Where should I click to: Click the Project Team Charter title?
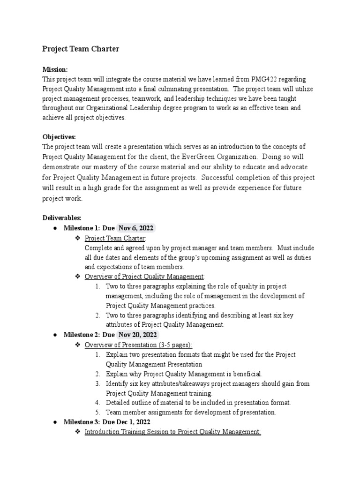click(81, 49)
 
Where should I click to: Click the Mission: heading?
click(55, 69)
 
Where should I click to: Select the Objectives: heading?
click(59, 137)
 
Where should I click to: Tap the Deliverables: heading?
click(62, 217)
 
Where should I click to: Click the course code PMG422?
click(277, 79)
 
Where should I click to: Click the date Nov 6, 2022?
click(136, 228)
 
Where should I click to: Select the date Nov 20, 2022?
click(138, 335)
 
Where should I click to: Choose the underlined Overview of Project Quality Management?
click(144, 277)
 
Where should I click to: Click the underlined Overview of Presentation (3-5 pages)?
click(138, 345)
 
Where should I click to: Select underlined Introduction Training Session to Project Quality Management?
click(172, 432)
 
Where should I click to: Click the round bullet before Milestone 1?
click(55, 228)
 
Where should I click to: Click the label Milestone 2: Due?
click(89, 335)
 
